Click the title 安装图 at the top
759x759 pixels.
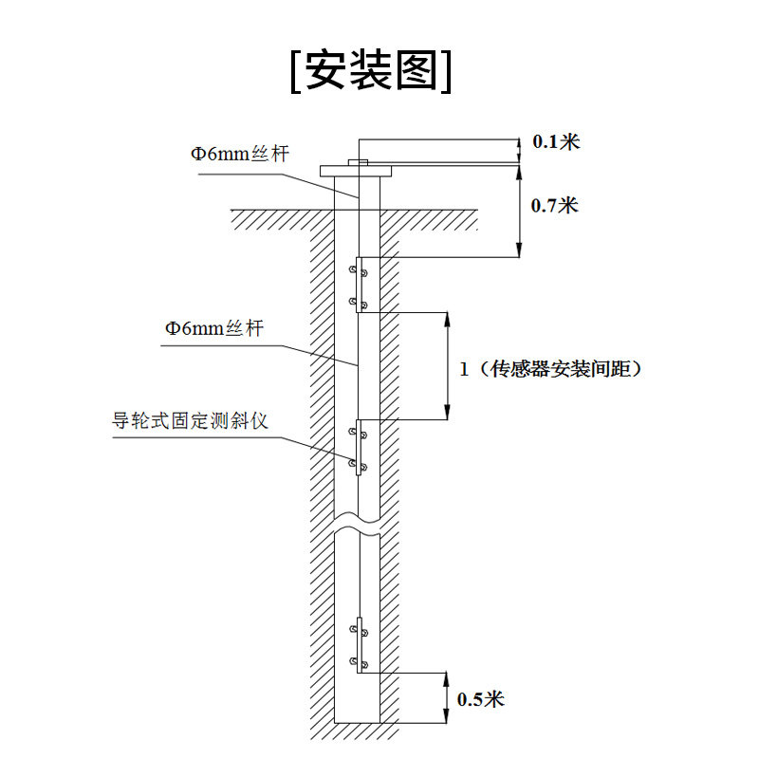coord(372,69)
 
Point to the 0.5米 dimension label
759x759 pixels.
coord(480,700)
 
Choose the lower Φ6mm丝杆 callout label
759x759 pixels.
coord(213,328)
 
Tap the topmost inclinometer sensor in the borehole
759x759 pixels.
coord(360,284)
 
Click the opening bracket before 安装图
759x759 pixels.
coord(296,70)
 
